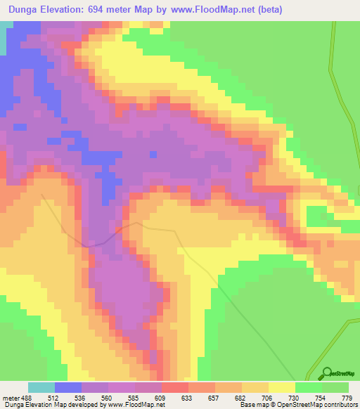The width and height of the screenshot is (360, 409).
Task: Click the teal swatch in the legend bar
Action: click(41, 387)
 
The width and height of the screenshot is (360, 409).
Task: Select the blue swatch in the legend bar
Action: click(68, 387)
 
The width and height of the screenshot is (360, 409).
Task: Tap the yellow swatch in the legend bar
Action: click(281, 387)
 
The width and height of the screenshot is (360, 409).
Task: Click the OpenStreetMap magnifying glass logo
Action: click(326, 373)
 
